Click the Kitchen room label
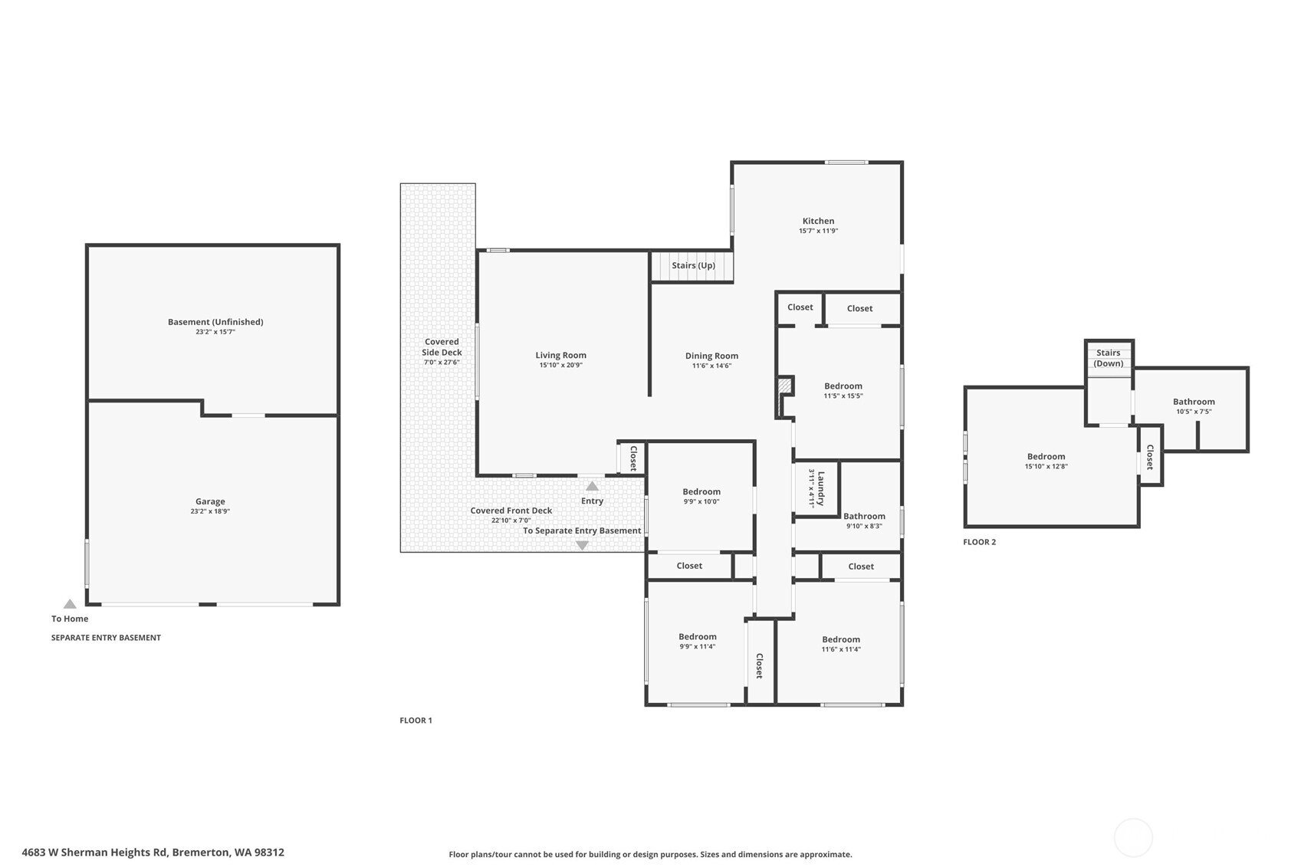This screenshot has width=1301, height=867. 818,221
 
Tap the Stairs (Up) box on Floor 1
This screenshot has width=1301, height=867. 692,266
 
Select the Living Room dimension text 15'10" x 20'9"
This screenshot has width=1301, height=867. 560,365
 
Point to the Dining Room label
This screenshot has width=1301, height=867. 711,356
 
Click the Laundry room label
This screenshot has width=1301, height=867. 820,488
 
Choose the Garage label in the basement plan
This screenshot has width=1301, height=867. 209,501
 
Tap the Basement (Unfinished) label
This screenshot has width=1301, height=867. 215,322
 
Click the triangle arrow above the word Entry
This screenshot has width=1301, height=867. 592,486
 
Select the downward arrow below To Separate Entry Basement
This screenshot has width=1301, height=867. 582,545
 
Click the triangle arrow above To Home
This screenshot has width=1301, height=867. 70,604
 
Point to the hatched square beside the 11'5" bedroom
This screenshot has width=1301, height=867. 785,386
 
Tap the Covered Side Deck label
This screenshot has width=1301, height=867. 442,347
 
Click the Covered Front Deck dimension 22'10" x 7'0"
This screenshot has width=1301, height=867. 511,521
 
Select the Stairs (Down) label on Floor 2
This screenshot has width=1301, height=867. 1108,358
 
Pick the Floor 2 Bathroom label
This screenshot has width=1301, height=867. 1194,401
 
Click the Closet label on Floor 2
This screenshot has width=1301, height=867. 1149,457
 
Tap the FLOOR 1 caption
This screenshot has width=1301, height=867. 416,720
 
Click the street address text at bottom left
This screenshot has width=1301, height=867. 153,852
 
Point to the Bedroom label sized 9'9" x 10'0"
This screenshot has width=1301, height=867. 701,491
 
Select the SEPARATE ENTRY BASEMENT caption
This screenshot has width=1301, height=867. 106,638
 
